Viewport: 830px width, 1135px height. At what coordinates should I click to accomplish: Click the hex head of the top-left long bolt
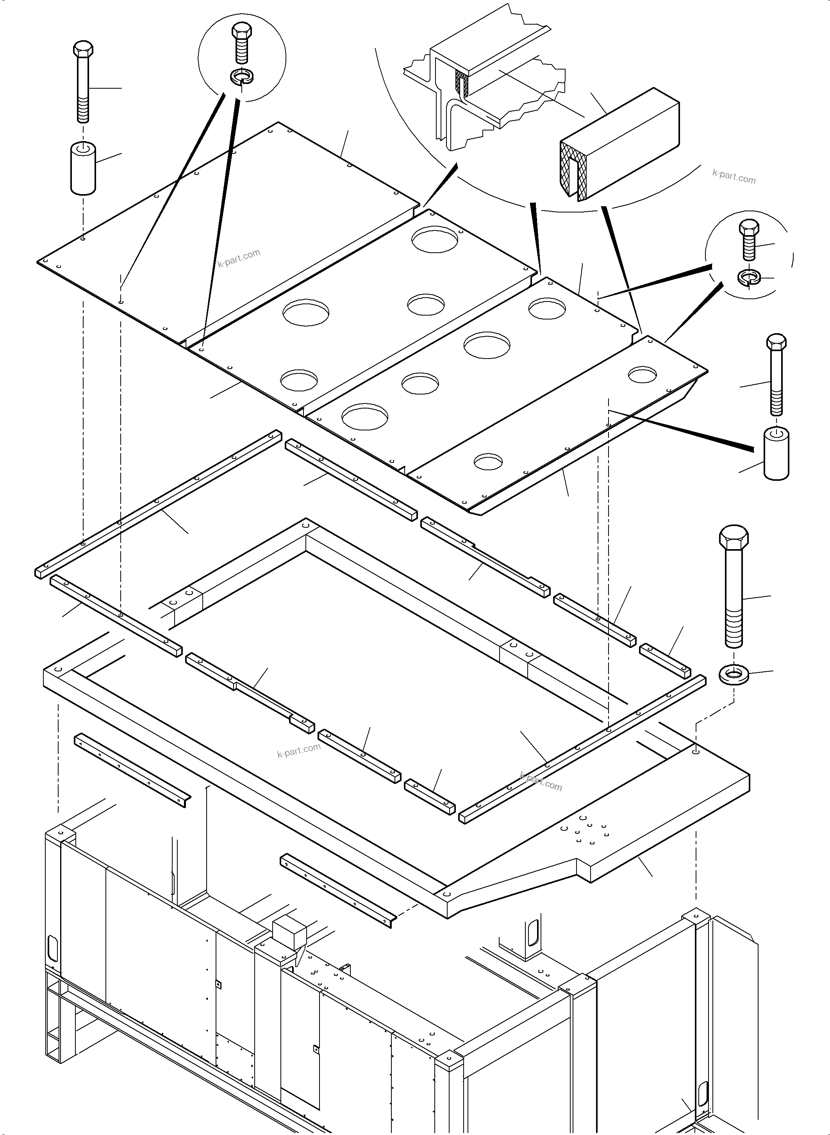pos(83,49)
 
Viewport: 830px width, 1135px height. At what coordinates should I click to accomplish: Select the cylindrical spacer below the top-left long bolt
pos(83,169)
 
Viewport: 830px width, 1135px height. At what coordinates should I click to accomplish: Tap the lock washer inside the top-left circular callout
pos(242,77)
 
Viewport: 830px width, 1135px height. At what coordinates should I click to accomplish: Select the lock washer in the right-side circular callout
pos(749,277)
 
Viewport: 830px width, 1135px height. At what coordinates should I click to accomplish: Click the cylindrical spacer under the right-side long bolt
pos(776,454)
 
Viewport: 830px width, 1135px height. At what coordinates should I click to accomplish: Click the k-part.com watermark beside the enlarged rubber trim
pos(734,177)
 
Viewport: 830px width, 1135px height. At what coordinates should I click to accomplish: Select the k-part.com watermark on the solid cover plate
pos(239,257)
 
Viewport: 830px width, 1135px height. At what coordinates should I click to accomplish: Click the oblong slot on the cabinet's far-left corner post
pos(53,948)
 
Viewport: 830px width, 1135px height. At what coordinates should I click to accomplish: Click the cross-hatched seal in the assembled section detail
pos(461,83)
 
